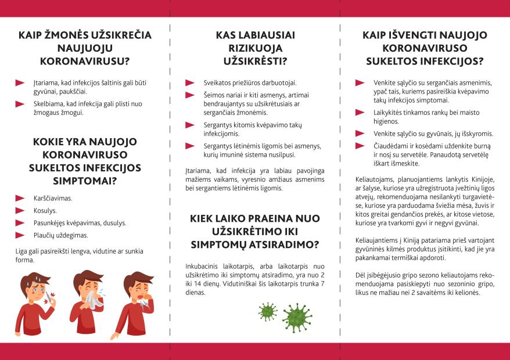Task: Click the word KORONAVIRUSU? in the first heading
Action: pyautogui.click(x=85, y=61)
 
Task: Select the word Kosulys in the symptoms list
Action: pyautogui.click(x=45, y=211)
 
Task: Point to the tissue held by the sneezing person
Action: pyautogui.click(x=94, y=300)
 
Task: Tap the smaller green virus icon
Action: pyautogui.click(x=267, y=311)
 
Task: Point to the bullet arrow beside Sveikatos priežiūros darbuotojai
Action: pyautogui.click(x=189, y=83)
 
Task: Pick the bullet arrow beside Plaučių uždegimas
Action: pyautogui.click(x=20, y=235)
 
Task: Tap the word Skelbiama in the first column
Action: pyautogui.click(x=46, y=104)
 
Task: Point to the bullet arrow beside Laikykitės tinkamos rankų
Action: pyautogui.click(x=360, y=111)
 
